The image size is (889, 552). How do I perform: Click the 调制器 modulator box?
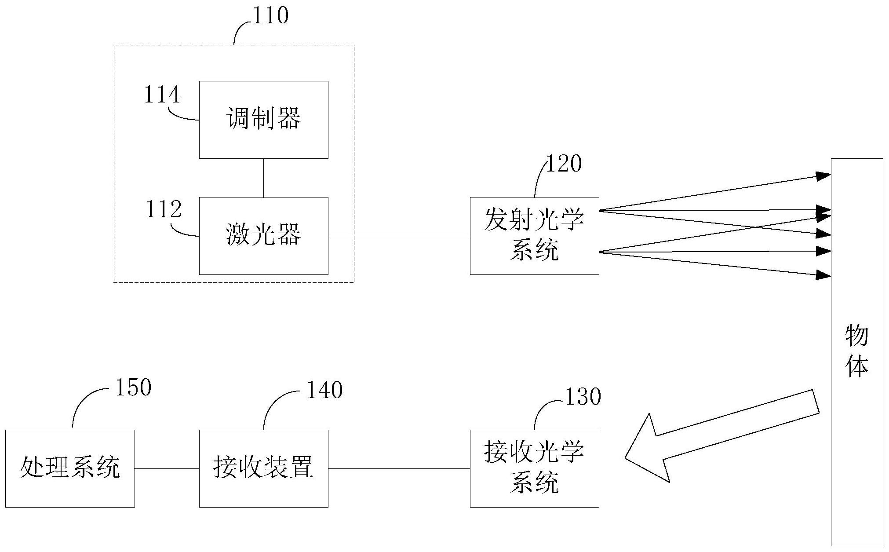(263, 120)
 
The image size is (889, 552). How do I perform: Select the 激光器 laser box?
(263, 236)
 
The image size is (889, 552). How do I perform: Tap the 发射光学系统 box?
(534, 236)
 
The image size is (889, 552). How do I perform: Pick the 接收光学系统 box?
(534, 468)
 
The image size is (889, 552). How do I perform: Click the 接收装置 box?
(263, 468)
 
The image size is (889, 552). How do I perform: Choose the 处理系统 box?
(70, 468)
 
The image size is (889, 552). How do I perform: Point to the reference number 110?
(270, 16)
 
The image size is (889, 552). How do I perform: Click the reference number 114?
(162, 95)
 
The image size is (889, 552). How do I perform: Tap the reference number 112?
(163, 210)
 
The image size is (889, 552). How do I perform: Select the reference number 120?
(564, 164)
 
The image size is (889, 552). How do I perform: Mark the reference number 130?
(583, 397)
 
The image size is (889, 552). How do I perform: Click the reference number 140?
(324, 390)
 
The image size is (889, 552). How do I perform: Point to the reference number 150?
(133, 387)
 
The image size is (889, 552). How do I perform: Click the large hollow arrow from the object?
(721, 435)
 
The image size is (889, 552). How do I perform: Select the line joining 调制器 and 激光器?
(263, 178)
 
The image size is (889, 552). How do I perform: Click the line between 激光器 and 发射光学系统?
(399, 236)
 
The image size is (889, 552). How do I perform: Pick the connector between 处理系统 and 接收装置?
(167, 468)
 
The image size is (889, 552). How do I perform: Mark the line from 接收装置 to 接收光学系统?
(399, 468)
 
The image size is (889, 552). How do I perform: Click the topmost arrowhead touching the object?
(823, 176)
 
